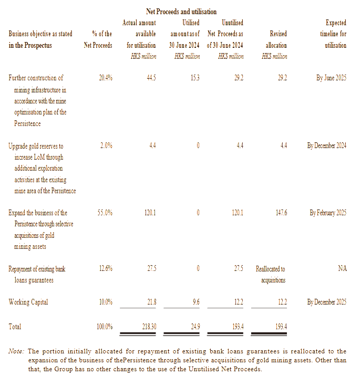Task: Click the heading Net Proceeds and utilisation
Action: tap(181, 12)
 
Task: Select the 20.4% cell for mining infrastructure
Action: tap(106, 78)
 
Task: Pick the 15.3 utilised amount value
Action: tap(194, 78)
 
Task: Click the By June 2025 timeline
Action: tap(331, 78)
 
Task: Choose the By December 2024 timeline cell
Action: tap(326, 145)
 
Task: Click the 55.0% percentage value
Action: tap(105, 213)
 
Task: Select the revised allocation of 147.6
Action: tap(281, 213)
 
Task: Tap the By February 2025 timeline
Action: tap(328, 213)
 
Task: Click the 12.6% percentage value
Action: tap(106, 269)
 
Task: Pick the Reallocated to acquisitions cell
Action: tap(271, 274)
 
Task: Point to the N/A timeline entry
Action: tap(342, 269)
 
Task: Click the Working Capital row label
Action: tap(29, 302)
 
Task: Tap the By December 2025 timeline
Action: tap(326, 302)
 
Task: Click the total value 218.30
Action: tap(149, 327)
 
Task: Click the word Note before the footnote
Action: tap(16, 351)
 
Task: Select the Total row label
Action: tap(15, 327)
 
